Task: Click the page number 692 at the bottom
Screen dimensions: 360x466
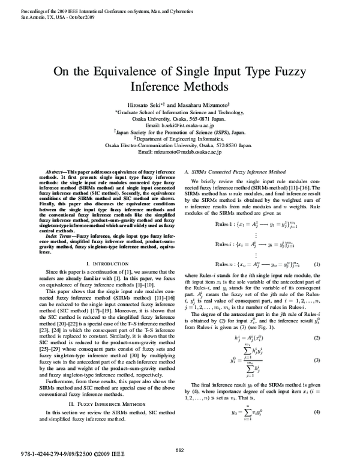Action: pyautogui.click(x=179, y=451)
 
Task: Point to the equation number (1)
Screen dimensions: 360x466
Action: pyautogui.click(x=334, y=264)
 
